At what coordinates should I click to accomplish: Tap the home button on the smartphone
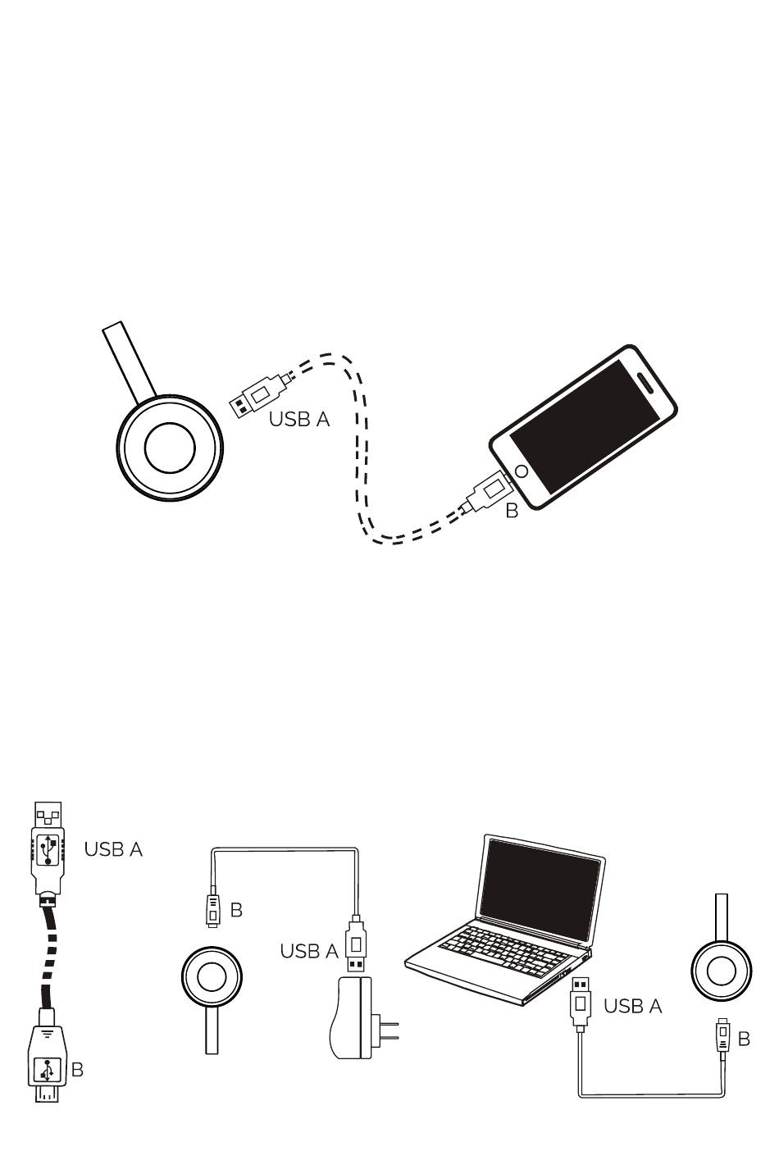520,472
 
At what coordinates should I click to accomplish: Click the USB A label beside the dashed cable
299,419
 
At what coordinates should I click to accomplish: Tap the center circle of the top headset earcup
170,447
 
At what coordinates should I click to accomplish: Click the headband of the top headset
129,360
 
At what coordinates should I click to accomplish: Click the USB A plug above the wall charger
356,944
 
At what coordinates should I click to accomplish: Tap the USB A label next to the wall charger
309,951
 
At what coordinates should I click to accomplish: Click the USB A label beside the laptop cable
632,1006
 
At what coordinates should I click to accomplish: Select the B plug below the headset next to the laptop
722,1037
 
